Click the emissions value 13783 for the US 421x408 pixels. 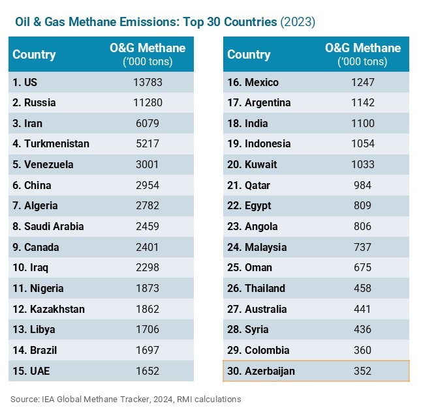point(148,82)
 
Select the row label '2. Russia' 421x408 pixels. point(34,102)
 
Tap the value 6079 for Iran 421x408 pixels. point(148,123)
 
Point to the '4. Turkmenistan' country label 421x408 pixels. point(51,143)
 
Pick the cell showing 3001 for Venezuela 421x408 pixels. point(148,164)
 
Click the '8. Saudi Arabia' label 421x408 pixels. point(48,227)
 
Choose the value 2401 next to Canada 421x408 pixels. point(148,247)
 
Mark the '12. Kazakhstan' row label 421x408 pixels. point(48,309)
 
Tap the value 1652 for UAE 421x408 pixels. point(148,371)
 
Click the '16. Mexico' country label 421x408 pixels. point(253,82)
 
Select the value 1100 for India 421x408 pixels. point(363,123)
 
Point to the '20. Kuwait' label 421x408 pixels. point(252,164)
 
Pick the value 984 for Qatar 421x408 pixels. point(363,185)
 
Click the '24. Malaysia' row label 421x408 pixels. point(257,247)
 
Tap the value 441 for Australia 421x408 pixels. point(363,309)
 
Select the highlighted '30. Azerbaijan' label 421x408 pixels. point(261,371)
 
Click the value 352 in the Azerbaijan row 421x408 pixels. point(363,371)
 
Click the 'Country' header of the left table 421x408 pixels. point(34,55)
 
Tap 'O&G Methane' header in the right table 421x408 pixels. point(363,48)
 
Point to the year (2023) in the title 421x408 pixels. point(298,22)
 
